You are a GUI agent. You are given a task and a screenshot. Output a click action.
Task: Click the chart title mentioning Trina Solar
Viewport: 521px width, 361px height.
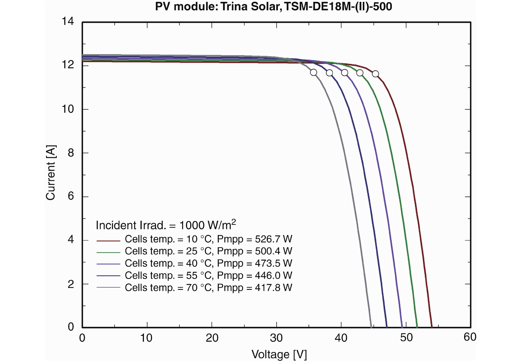(x=273, y=6)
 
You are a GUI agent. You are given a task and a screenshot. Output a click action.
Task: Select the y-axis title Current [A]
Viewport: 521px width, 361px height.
(x=51, y=173)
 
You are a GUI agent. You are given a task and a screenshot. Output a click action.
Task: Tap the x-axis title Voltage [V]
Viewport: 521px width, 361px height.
(x=279, y=354)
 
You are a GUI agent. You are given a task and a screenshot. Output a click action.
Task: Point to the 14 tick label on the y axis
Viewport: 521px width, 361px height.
(x=68, y=21)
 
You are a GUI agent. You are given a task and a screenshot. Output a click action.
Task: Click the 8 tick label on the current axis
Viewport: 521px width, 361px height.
(x=71, y=153)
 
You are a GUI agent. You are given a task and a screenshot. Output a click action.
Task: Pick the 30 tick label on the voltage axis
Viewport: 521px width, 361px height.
(x=276, y=338)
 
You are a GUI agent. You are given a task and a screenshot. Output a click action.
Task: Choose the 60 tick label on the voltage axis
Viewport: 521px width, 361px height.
(x=470, y=337)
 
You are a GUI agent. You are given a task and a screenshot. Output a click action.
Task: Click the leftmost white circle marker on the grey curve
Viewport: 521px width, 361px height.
(x=313, y=72)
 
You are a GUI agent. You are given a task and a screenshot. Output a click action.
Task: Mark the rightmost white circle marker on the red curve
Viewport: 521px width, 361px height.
(x=375, y=74)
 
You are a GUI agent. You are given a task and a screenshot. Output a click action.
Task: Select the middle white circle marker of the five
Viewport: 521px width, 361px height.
(x=345, y=73)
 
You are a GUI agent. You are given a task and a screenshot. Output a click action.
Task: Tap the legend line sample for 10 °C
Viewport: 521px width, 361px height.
(x=108, y=241)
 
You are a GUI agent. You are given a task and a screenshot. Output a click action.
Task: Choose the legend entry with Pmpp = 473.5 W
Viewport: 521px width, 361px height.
(x=208, y=263)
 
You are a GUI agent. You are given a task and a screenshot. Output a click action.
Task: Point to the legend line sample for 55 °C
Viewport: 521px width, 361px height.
(x=108, y=276)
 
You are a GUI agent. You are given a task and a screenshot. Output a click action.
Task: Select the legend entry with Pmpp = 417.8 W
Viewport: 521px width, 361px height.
(x=208, y=288)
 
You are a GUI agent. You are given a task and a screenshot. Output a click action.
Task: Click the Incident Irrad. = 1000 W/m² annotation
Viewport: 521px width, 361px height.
(x=166, y=225)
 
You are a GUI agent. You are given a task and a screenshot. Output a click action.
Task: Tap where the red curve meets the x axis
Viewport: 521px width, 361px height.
(x=432, y=327)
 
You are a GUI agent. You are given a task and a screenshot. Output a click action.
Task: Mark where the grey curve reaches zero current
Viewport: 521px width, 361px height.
(x=371, y=327)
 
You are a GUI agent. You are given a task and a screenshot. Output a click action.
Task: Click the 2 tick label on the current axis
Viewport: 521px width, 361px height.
(x=71, y=284)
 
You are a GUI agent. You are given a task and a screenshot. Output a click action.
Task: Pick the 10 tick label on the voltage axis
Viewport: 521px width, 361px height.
(x=146, y=338)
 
